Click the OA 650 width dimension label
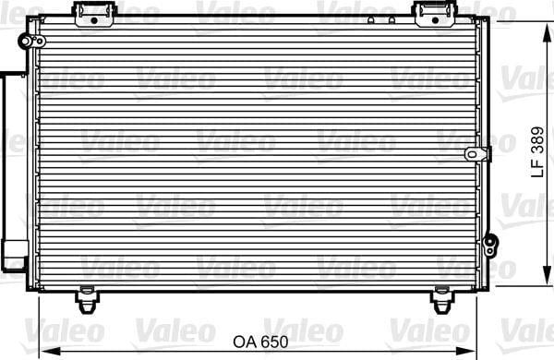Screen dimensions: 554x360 (260, 342)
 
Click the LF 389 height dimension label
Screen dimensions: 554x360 (537, 151)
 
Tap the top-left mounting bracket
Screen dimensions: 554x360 (94, 14)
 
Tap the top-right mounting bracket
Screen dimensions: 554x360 (435, 14)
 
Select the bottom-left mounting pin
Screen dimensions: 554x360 (87, 300)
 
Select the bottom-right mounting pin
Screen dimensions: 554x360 (441, 300)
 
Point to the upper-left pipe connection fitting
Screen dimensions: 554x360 (31, 42)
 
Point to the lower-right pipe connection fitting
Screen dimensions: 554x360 (490, 245)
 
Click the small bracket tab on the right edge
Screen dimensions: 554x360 (478, 154)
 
